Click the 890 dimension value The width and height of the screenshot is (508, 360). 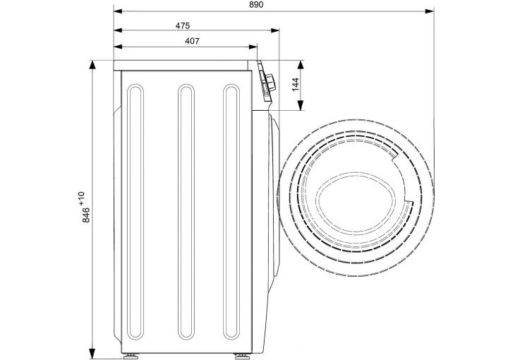[x=256, y=4]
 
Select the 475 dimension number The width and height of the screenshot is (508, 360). [x=183, y=25]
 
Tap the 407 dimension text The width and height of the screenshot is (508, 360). [x=192, y=41]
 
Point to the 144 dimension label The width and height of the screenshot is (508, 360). [x=296, y=84]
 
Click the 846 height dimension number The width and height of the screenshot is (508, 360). [x=86, y=215]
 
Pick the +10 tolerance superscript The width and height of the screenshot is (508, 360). [x=81, y=198]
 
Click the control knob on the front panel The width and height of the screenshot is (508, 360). [x=270, y=83]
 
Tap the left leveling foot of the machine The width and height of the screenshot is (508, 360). [x=131, y=356]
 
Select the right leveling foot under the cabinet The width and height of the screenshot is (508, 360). [x=242, y=356]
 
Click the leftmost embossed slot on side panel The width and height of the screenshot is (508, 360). [x=135, y=212]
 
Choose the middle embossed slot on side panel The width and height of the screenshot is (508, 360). [x=186, y=212]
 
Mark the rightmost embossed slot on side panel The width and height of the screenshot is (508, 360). [x=231, y=212]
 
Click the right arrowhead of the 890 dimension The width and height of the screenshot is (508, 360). [x=430, y=11]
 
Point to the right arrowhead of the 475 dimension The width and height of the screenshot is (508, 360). [x=275, y=30]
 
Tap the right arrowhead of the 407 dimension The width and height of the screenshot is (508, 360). [x=253, y=47]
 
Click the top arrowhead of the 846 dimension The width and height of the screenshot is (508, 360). [x=92, y=64]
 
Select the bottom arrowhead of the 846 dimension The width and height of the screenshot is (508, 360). [x=92, y=354]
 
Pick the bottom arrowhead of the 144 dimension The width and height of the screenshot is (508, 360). [x=301, y=106]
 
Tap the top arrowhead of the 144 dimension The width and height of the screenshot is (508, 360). [x=301, y=64]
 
